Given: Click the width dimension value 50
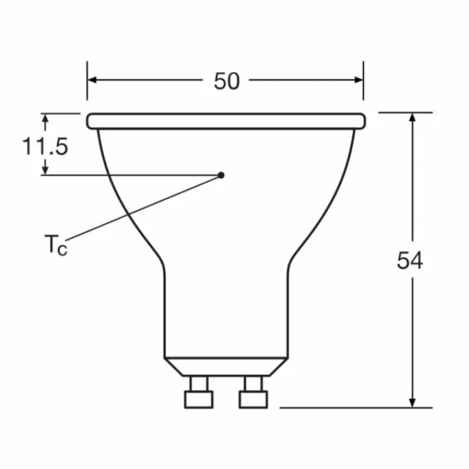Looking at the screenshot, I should tap(226, 81).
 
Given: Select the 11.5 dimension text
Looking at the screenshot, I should tap(45, 146).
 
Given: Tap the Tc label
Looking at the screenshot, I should tap(56, 244).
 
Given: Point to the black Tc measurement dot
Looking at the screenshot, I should tap(221, 175).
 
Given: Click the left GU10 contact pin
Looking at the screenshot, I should tap(199, 393).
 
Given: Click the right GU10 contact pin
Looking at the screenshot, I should tap(253, 393).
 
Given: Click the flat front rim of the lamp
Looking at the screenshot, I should tap(226, 121).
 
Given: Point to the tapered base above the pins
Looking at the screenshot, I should tap(226, 366).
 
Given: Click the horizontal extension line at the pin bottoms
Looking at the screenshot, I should tap(352, 407).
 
